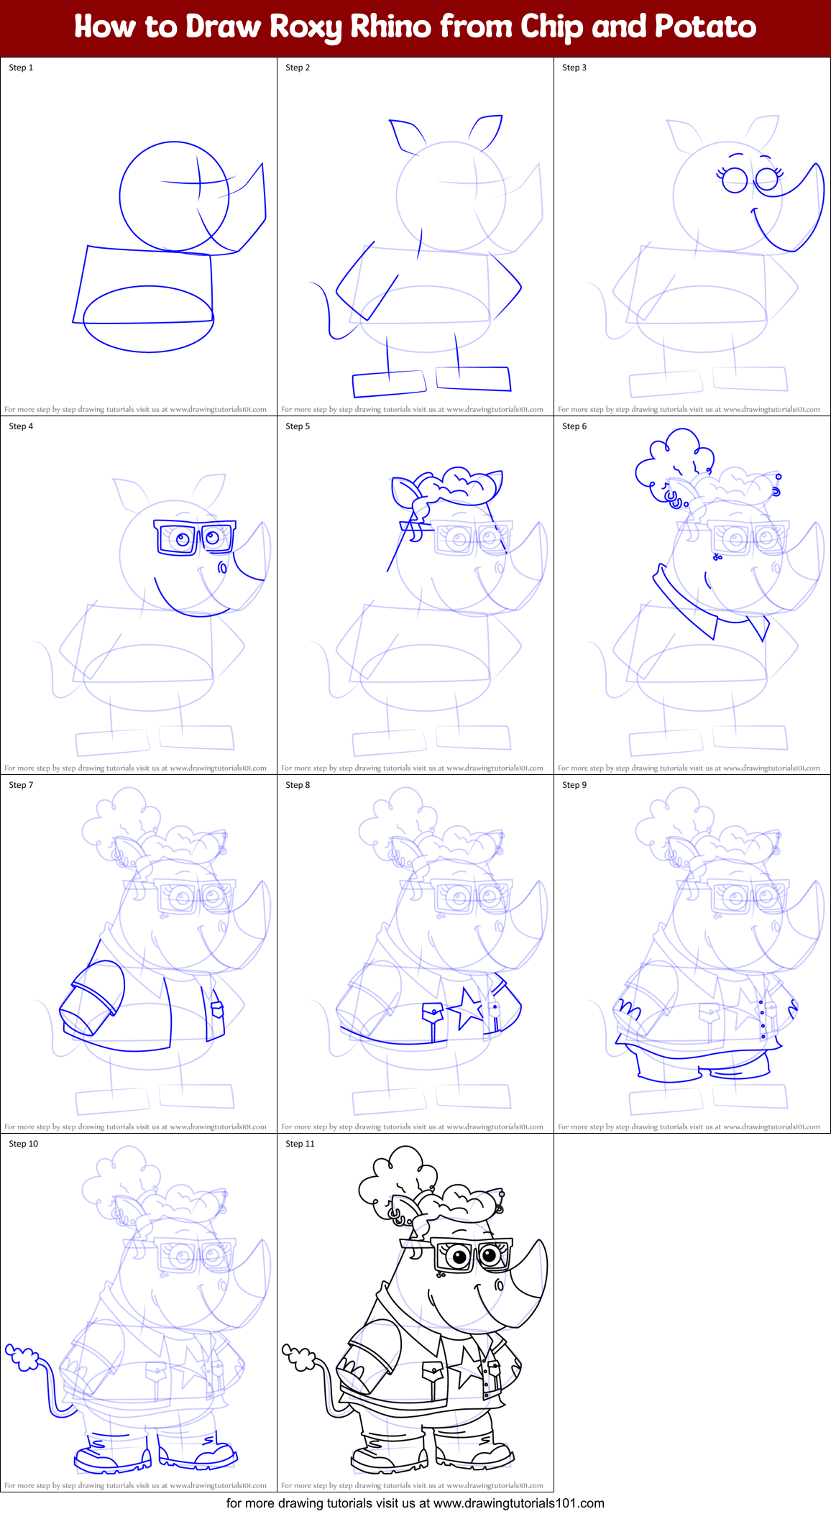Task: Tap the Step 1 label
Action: click(21, 68)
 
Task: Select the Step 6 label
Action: click(574, 426)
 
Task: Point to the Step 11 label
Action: click(300, 1144)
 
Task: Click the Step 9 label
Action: click(574, 785)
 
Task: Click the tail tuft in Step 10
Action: click(22, 1357)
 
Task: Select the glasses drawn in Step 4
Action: click(194, 537)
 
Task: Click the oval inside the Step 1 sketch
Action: click(148, 319)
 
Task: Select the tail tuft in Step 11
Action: click(298, 1356)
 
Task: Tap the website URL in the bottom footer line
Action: click(518, 1503)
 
